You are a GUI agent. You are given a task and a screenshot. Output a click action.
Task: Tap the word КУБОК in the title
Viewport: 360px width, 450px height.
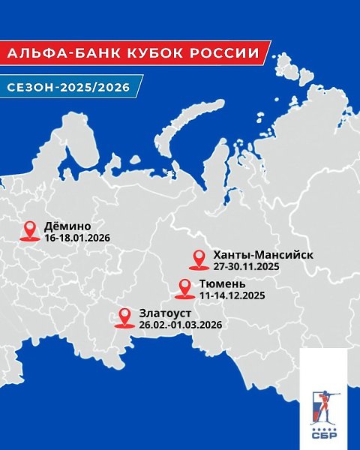click(x=133, y=55)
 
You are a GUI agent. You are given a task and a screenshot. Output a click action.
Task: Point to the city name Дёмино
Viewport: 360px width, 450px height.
click(x=67, y=226)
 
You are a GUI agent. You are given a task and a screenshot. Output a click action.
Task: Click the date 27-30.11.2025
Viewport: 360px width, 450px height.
click(x=248, y=267)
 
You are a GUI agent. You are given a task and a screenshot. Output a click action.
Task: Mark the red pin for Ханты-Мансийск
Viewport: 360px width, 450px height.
click(x=199, y=259)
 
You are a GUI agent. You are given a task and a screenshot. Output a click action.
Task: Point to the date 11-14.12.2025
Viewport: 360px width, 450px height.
click(x=232, y=296)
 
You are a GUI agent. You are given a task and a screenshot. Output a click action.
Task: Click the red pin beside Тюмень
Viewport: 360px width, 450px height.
click(x=184, y=288)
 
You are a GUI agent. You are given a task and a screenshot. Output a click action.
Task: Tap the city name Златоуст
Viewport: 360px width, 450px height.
click(x=165, y=313)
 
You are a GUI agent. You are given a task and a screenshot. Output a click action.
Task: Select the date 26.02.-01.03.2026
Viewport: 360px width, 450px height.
click(x=180, y=325)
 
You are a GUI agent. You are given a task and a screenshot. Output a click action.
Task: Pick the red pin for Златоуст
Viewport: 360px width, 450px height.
click(x=124, y=317)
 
